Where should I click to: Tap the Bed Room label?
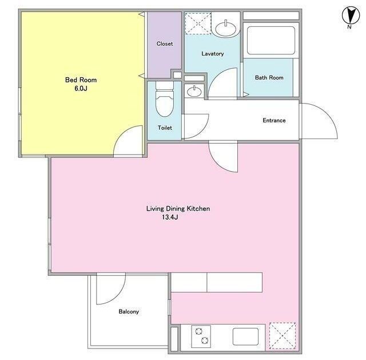pos(81,80)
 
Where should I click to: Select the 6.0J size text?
pos(81,89)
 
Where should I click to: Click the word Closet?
pos(165,43)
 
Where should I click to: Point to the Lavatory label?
pos(213,53)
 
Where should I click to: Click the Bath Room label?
pos(269,78)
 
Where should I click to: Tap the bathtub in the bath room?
pos(270,41)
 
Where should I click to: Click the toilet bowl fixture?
pos(165,99)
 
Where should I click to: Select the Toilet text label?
pos(165,128)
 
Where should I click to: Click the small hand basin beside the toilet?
pos(194,92)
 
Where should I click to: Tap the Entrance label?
pos(274,120)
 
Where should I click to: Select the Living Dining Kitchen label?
pos(178,208)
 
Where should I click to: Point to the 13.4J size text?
pos(170,217)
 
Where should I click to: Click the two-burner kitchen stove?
pos(201,337)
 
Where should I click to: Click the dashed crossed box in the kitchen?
pos(283,336)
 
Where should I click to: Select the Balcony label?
pos(129,311)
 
